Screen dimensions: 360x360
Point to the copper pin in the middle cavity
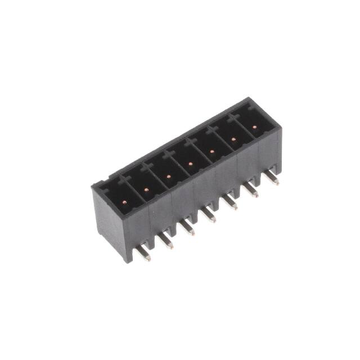coord(190,164)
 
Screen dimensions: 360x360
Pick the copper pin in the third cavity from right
coord(211,151)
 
